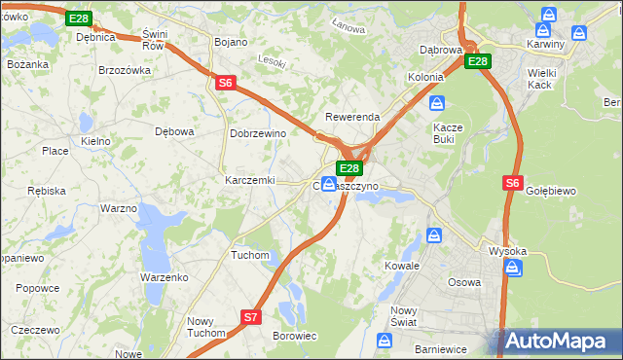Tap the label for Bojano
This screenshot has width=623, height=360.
point(231,42)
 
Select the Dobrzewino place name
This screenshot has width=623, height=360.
point(256,133)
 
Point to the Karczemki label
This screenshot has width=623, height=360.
point(250,180)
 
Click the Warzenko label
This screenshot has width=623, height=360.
point(164,277)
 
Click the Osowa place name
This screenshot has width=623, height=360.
point(463,282)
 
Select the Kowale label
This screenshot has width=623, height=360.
point(401,265)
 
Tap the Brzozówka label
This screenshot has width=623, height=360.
point(125,70)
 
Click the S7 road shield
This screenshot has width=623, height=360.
point(251,317)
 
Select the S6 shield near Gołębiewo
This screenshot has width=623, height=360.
point(514,182)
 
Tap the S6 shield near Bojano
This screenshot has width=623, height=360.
point(226,84)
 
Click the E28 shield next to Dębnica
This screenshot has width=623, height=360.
point(80,18)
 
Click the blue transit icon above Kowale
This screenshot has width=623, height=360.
point(434,235)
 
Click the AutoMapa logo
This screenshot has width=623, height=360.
point(560,341)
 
